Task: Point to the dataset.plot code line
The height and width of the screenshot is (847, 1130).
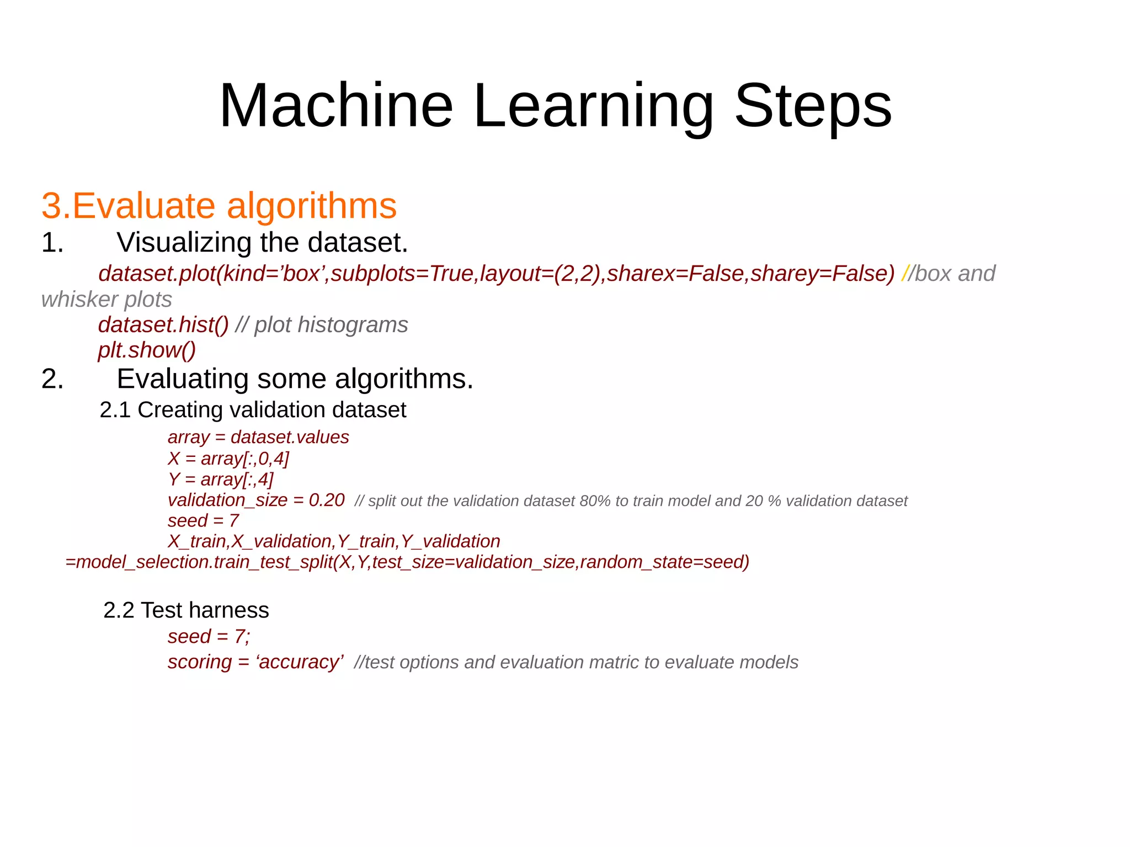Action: tap(496, 274)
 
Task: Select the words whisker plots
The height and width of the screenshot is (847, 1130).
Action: tap(106, 300)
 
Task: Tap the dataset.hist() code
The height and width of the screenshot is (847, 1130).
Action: tap(163, 325)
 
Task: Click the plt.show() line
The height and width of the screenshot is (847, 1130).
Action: tap(147, 350)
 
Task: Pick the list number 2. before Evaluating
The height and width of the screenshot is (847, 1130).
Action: tap(52, 379)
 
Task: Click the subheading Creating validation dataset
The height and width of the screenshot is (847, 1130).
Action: tap(271, 410)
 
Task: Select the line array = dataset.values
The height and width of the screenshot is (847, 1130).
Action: tap(258, 438)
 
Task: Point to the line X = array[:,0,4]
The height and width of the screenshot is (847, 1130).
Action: tap(228, 459)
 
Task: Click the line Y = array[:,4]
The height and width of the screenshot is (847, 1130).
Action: tap(220, 480)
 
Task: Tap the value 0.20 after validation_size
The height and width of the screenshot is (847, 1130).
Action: tap(327, 500)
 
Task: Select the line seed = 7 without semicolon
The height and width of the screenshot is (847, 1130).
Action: tap(203, 520)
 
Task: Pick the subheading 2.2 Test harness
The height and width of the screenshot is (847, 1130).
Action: tap(186, 610)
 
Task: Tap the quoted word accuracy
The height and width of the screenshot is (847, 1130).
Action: tap(299, 662)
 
